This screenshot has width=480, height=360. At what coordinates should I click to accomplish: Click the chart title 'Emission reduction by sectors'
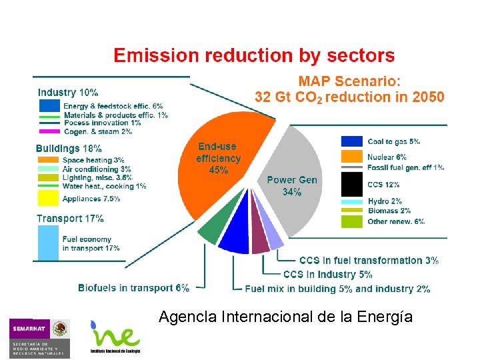coord(254,56)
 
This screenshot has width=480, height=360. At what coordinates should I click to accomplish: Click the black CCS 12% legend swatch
coord(351,185)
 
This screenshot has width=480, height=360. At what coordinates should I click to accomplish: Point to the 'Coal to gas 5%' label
coord(394,141)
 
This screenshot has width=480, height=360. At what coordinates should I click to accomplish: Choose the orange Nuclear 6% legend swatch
coord(351,157)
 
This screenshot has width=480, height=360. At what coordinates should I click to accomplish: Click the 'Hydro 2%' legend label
coord(385,201)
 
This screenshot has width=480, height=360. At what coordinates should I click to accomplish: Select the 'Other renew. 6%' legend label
coord(396,221)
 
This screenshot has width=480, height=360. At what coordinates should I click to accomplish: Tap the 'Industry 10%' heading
coord(68,93)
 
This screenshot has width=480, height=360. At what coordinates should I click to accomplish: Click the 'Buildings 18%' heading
coord(69,149)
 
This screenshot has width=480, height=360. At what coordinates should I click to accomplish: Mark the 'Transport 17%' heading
coord(70,218)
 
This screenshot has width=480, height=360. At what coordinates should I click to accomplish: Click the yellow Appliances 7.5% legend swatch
coord(49,198)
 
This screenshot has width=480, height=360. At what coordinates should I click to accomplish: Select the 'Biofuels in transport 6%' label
coord(133,288)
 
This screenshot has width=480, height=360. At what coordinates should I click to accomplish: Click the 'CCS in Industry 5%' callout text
coord(328,275)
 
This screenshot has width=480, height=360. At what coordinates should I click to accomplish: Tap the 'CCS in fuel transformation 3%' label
coord(369,261)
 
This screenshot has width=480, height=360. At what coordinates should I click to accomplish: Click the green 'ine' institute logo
coord(115,337)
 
